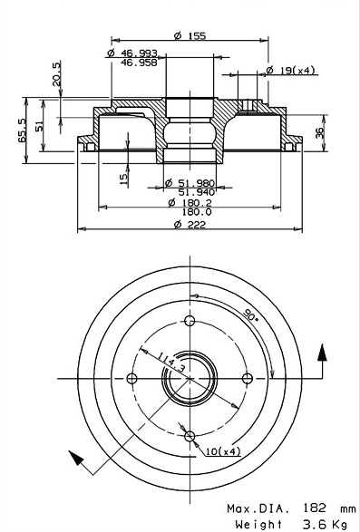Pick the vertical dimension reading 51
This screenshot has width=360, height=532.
point(39,126)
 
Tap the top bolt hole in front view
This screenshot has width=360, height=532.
point(190,321)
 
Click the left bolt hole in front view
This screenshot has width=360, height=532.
point(131,379)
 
